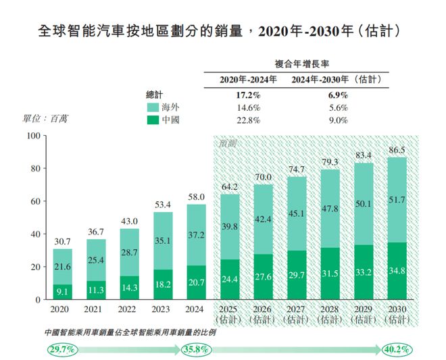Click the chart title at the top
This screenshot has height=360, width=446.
click(x=222, y=32)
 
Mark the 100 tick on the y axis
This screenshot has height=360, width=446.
click(x=31, y=136)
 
